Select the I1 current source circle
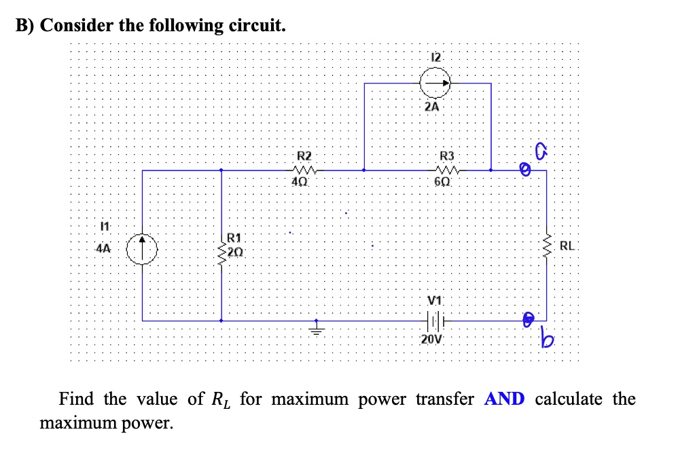pyautogui.click(x=143, y=247)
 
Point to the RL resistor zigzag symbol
pyautogui.click(x=547, y=247)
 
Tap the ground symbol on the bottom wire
pyautogui.click(x=315, y=329)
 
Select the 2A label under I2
pyautogui.click(x=431, y=107)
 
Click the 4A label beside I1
pyautogui.click(x=103, y=249)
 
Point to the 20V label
pyautogui.click(x=431, y=340)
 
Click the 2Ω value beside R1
pyautogui.click(x=235, y=251)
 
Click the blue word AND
pyautogui.click(x=504, y=399)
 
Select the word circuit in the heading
pyautogui.click(x=247, y=26)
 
